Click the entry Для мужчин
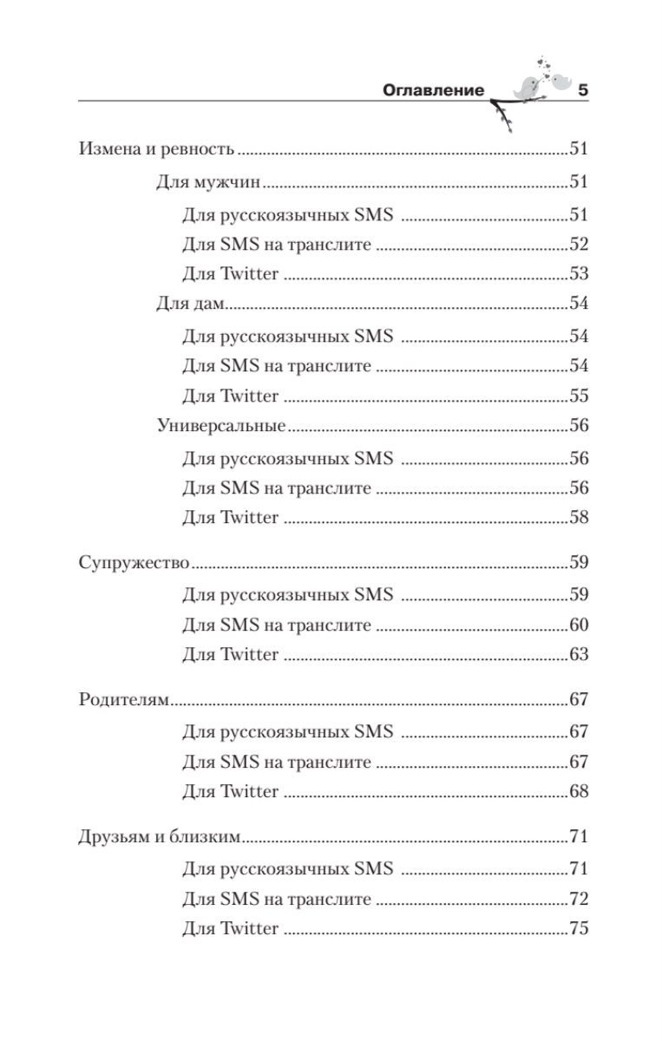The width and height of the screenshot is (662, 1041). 209,182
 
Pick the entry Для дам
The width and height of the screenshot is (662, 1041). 191,304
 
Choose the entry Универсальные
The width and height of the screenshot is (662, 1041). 221,426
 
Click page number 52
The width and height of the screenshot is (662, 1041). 580,245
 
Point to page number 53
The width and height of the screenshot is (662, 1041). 580,274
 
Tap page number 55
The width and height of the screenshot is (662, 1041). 580,396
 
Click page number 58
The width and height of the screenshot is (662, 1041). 580,518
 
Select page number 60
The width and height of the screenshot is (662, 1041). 580,625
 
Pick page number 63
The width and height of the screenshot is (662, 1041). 580,655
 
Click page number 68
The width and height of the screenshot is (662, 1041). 580,792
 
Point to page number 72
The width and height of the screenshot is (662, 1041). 580,899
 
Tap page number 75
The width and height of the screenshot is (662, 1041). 580,928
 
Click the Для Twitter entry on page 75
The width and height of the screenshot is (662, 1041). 231,929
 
